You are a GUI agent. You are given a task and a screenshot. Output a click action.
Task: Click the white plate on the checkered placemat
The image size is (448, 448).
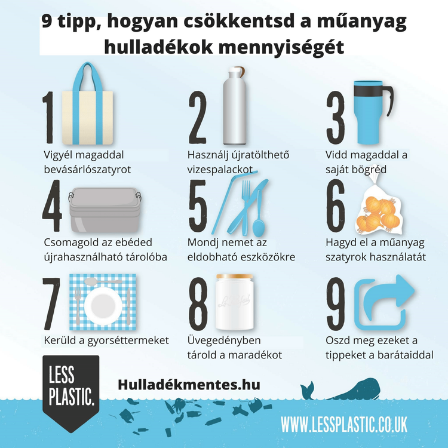[x=103, y=301]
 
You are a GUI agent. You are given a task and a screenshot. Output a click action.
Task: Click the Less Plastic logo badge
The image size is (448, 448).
[x=71, y=388]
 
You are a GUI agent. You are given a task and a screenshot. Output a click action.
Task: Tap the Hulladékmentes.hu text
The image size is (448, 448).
[x=189, y=385]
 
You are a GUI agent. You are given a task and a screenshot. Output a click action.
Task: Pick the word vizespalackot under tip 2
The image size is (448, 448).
[x=219, y=169]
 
